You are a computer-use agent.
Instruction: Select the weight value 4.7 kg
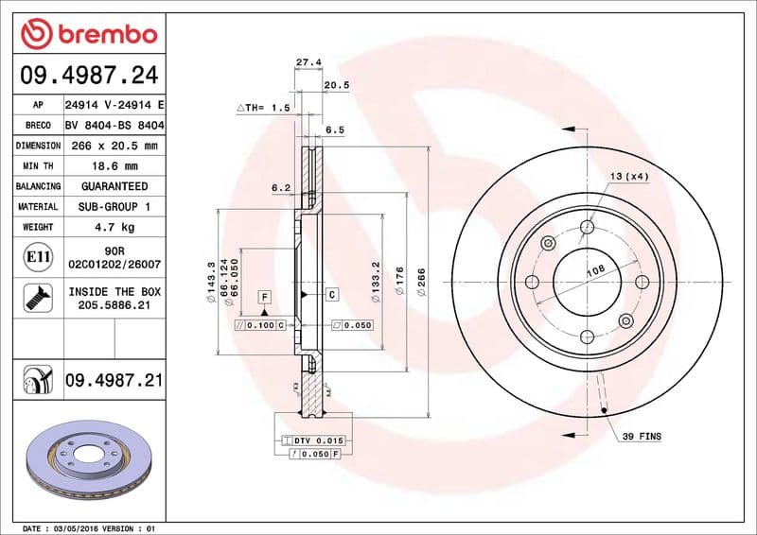click(x=114, y=227)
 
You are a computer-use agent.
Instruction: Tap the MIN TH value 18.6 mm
click(x=114, y=165)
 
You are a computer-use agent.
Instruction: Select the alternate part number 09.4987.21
click(x=114, y=381)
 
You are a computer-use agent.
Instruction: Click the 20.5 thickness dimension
click(x=336, y=84)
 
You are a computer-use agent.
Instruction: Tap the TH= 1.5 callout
click(x=263, y=109)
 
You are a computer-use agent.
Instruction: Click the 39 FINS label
click(x=642, y=437)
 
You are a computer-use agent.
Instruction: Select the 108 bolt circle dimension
click(x=595, y=271)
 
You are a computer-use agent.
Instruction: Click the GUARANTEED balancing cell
click(x=114, y=186)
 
